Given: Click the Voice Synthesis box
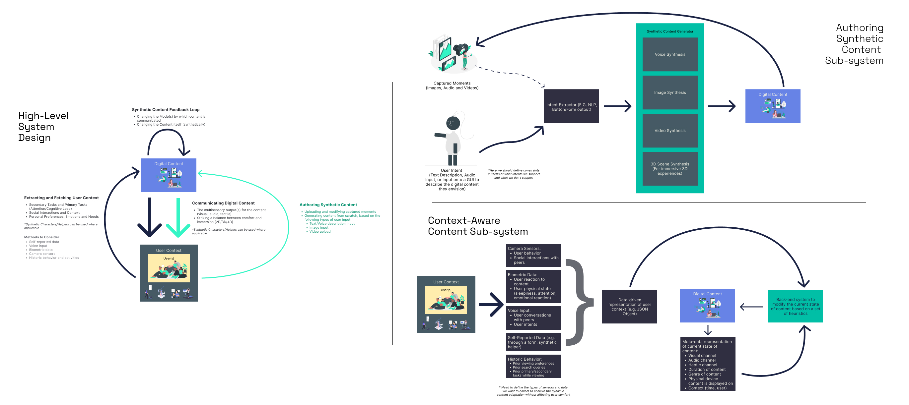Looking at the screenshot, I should coord(670,54).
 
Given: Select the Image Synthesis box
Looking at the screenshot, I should coord(670,92).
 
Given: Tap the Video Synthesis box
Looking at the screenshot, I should coord(670,131).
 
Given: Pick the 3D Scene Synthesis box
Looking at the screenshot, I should coord(670,168).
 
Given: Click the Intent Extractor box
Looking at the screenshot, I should coord(571,106).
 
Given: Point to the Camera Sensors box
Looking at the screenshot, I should coord(533,255).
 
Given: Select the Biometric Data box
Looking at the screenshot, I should coord(533,286).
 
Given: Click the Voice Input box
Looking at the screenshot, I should coord(533,317).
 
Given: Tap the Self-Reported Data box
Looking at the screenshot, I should coord(533,342).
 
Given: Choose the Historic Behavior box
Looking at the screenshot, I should coord(533,366).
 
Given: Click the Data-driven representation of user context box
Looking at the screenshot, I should coord(630,306).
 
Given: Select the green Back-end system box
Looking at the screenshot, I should coord(796,306).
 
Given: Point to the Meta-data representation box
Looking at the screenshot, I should coord(708,364).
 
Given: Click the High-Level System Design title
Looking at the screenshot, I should coord(43,127).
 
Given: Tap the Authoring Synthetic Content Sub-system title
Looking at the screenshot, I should coord(855,44).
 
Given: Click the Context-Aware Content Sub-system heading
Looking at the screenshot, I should coord(477,226).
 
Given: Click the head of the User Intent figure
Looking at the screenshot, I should coord(453,123).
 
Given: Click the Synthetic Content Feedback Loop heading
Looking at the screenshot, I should coord(166,110).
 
